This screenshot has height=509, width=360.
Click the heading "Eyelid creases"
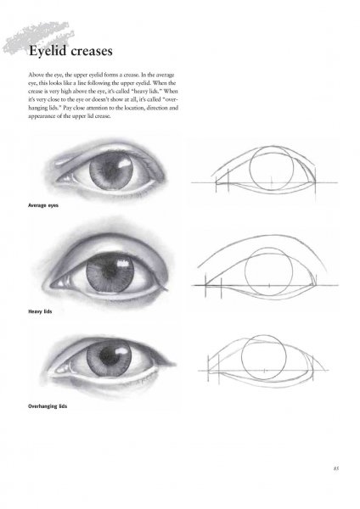[x=70, y=51]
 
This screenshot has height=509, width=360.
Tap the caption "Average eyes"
[x=43, y=205]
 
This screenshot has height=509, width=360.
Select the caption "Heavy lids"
[x=40, y=311]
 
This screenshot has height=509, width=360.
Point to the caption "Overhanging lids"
[x=48, y=406]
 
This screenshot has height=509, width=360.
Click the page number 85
[x=336, y=468]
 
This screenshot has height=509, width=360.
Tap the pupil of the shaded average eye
[x=110, y=171]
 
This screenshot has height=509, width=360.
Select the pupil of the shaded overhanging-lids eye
[x=107, y=356]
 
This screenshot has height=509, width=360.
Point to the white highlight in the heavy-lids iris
[x=122, y=264]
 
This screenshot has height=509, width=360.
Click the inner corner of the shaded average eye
[x=58, y=180]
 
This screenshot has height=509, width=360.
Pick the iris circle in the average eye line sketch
[x=250, y=168]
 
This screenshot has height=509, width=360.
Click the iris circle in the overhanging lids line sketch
[x=241, y=357]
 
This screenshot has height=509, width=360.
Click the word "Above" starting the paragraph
[x=35, y=75]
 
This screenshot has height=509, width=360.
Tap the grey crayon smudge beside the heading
[x=37, y=37]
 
